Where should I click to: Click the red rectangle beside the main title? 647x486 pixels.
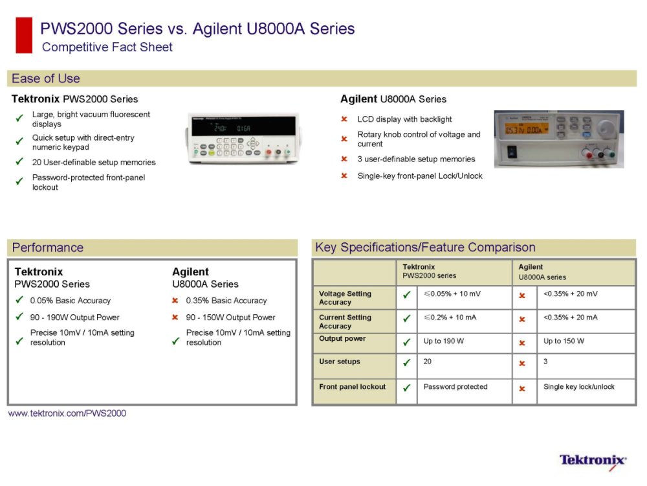pyautogui.click(x=24, y=35)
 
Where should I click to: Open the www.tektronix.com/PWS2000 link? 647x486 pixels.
pyautogui.click(x=67, y=413)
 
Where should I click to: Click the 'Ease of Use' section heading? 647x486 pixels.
pyautogui.click(x=46, y=78)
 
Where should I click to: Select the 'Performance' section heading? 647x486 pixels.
pyautogui.click(x=47, y=248)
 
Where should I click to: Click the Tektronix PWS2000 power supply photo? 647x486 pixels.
pyautogui.click(x=243, y=138)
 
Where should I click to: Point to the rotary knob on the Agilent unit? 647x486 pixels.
pyautogui.click(x=605, y=128)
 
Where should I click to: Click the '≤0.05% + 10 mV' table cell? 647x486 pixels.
pyautogui.click(x=452, y=294)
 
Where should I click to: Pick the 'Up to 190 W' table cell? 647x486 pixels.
pyautogui.click(x=444, y=341)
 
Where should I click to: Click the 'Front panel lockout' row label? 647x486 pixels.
pyautogui.click(x=352, y=387)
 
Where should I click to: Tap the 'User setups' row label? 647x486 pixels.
pyautogui.click(x=339, y=362)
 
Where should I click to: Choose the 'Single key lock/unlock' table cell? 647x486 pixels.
pyautogui.click(x=579, y=387)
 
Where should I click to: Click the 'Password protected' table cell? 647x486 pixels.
pyautogui.click(x=455, y=387)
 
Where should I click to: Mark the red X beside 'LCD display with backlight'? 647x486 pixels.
pyautogui.click(x=344, y=119)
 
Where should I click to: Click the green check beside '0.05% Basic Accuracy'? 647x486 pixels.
pyautogui.click(x=19, y=299)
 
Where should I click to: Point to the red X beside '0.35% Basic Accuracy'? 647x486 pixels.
pyautogui.click(x=175, y=301)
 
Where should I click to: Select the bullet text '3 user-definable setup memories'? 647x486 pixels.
pyautogui.click(x=416, y=159)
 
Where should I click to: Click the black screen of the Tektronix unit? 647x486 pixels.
pyautogui.click(x=243, y=126)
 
